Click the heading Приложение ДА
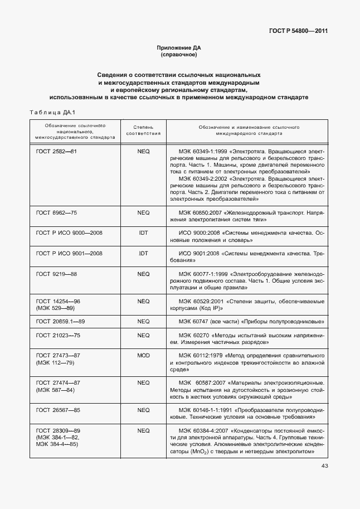click(179, 49)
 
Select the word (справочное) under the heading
click(179, 55)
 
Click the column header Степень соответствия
click(143, 130)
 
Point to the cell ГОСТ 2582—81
click(56, 152)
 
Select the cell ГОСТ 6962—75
click(56, 212)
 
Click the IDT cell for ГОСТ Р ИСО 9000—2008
click(143, 232)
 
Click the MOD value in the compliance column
click(143, 355)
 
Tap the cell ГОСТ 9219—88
click(56, 274)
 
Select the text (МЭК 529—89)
click(55, 308)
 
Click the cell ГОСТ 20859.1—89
click(60, 322)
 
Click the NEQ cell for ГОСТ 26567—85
click(143, 410)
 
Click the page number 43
click(324, 466)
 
